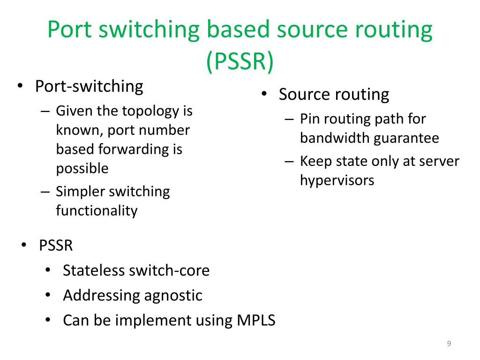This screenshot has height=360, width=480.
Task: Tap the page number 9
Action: (x=449, y=344)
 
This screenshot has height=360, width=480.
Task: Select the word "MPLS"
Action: (x=256, y=320)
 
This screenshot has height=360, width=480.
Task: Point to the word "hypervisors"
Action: (x=337, y=180)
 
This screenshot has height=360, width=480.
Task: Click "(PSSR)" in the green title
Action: (x=240, y=61)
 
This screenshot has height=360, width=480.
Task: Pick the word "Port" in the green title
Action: (x=69, y=30)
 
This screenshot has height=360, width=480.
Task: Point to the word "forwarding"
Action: (x=134, y=150)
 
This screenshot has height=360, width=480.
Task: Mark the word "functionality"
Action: (x=97, y=211)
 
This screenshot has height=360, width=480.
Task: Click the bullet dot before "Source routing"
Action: (x=264, y=93)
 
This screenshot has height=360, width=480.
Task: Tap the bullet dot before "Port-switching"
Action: (x=20, y=86)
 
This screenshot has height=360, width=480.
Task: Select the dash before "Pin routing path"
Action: (x=289, y=120)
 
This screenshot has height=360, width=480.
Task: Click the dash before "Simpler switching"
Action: (x=45, y=192)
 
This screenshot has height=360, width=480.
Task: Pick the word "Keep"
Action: (x=315, y=162)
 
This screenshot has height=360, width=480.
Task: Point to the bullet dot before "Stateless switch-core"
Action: (x=48, y=270)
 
